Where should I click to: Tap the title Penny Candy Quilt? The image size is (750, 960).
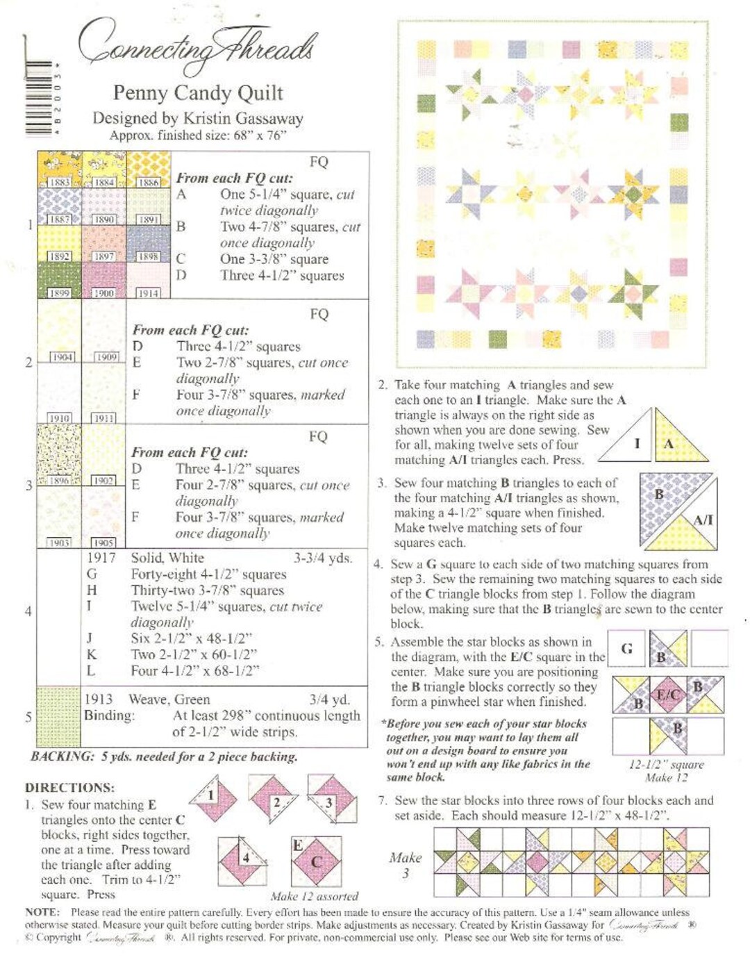pyautogui.click(x=198, y=92)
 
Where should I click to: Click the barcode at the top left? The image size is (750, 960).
pyautogui.click(x=40, y=97)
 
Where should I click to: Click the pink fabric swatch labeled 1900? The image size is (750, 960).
pyautogui.click(x=104, y=278)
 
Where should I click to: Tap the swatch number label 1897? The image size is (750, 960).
pyautogui.click(x=104, y=256)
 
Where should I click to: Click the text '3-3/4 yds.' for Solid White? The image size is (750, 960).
pyautogui.click(x=322, y=558)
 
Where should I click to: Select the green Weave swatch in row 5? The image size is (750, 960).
pyautogui.click(x=59, y=716)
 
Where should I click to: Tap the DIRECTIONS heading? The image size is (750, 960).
pyautogui.click(x=69, y=787)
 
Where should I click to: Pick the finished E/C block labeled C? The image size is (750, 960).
pyautogui.click(x=316, y=861)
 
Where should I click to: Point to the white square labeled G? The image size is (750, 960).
pyautogui.click(x=626, y=648)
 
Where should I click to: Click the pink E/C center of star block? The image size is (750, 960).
pyautogui.click(x=668, y=694)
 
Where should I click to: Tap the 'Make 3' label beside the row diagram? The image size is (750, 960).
pyautogui.click(x=406, y=865)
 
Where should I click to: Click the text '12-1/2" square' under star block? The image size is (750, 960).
pyautogui.click(x=666, y=764)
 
